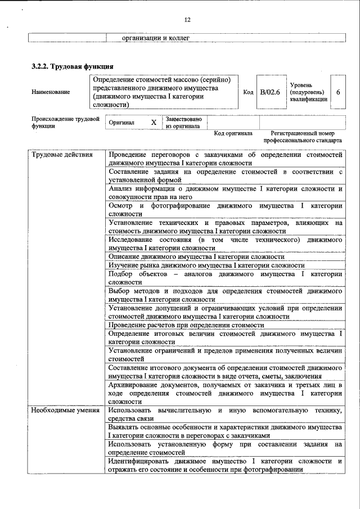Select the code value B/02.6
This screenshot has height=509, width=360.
pos(269,92)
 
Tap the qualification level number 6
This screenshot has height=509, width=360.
pos(338,92)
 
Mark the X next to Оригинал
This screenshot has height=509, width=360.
pos(154,122)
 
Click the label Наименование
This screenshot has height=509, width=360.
pos(51,92)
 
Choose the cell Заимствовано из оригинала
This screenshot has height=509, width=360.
pos(183,123)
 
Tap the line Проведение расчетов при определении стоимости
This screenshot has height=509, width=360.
pos(186,326)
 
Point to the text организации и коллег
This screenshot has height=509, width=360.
pos(156,38)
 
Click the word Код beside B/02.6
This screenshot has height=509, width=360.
pos(248,92)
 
